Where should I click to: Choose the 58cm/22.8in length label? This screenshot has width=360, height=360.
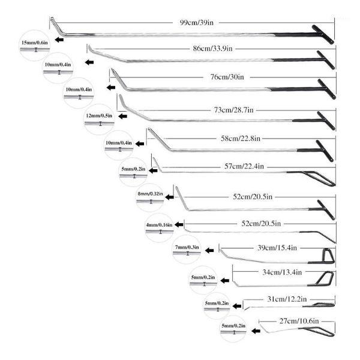coord(240,139)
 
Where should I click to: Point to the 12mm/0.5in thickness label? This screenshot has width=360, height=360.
coord(98,115)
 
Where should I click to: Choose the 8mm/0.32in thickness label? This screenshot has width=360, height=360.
coord(151,193)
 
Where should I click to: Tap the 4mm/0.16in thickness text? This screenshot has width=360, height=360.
coord(159,224)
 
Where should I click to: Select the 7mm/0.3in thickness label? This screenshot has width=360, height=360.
coord(187,247)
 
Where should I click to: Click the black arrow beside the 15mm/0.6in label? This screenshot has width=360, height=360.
coord(59,40)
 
